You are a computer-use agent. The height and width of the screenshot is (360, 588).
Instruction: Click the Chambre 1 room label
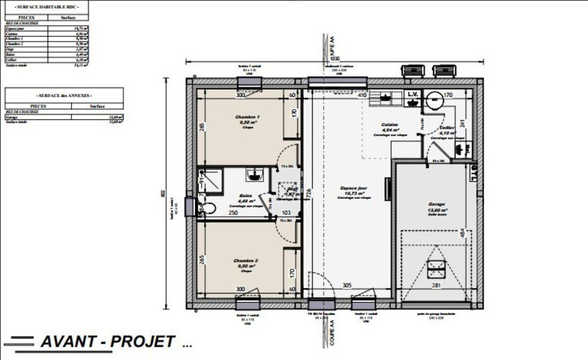click(247, 117)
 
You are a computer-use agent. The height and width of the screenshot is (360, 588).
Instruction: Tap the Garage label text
click(436, 204)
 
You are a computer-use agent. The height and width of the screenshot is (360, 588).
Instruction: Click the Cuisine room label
click(390, 125)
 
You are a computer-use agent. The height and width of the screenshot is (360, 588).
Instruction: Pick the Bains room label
click(246, 194)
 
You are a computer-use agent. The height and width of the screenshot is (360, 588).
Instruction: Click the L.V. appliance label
click(412, 95)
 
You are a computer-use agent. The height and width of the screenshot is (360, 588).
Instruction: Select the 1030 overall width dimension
click(335, 58)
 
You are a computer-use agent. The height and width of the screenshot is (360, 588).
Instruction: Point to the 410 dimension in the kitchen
click(362, 95)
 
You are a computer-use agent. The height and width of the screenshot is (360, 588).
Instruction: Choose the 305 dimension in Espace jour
click(346, 285)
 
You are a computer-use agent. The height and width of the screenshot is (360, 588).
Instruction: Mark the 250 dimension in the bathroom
click(233, 213)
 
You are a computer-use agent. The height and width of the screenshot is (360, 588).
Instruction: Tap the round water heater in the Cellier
click(434, 99)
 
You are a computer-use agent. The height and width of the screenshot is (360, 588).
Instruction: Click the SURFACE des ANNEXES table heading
click(64, 96)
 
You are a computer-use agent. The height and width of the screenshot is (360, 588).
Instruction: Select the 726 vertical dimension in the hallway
click(308, 194)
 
